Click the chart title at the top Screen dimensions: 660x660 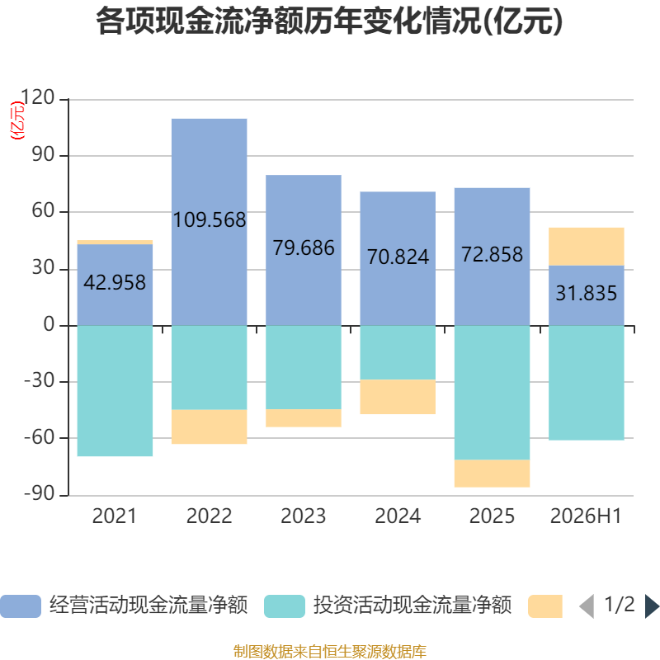click(x=329, y=21)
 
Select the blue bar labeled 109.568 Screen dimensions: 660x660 click(x=210, y=222)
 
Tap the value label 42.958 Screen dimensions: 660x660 click(x=115, y=282)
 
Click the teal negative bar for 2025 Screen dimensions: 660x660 click(x=492, y=393)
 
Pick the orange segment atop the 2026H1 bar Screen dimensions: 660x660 click(x=587, y=247)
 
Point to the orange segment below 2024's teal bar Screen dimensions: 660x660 click(x=398, y=397)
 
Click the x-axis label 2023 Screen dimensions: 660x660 click(x=304, y=516)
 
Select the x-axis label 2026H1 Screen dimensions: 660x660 click(x=586, y=516)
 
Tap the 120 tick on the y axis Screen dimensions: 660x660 click(x=37, y=97)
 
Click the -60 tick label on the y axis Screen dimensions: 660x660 click(x=40, y=437)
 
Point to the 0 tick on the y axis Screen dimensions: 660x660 click(x=49, y=324)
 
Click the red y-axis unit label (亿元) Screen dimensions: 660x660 click(x=17, y=120)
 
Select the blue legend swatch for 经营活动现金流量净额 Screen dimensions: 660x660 click(x=21, y=606)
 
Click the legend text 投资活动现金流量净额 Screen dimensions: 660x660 click(x=412, y=606)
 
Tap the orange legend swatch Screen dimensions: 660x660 click(x=545, y=606)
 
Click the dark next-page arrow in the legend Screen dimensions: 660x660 click(x=652, y=606)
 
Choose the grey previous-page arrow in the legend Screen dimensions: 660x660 click(x=587, y=606)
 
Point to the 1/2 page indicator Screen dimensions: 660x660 click(x=620, y=605)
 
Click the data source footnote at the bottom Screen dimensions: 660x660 click(x=330, y=651)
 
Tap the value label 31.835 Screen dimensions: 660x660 click(x=587, y=293)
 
